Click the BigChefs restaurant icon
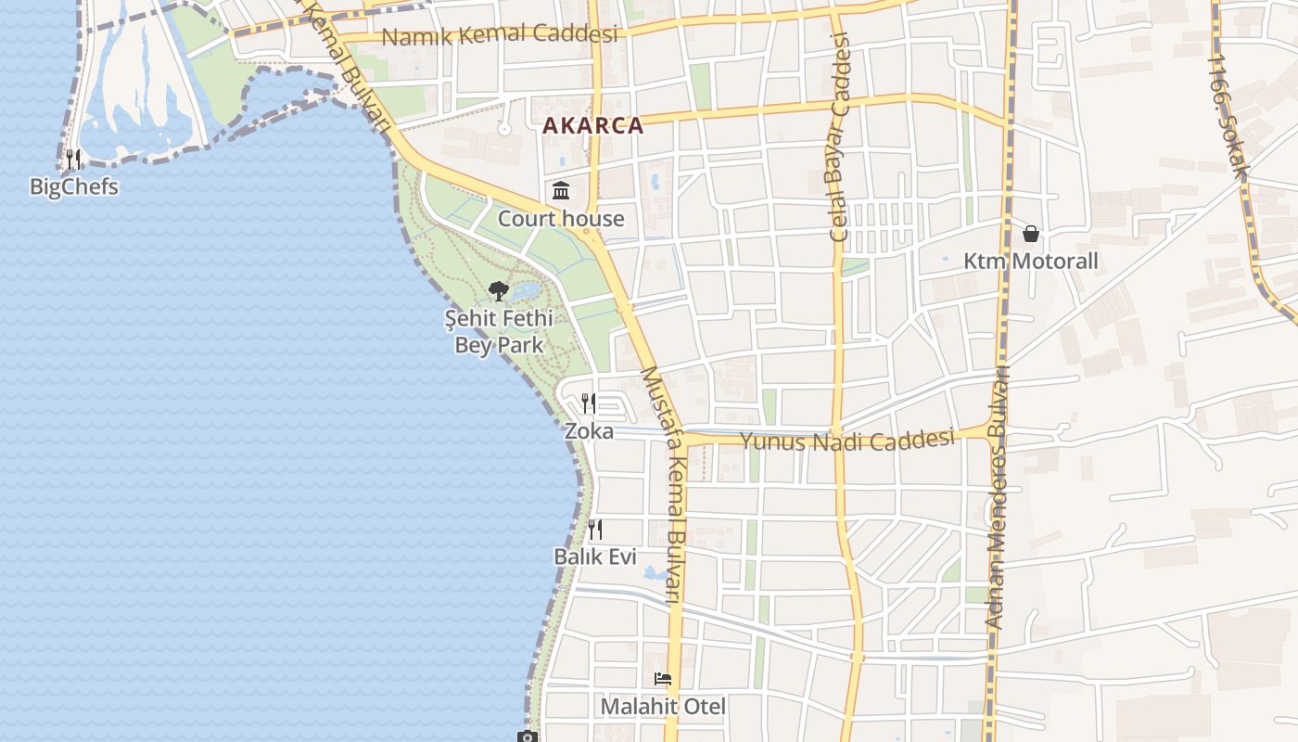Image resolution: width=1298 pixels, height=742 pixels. (73, 160)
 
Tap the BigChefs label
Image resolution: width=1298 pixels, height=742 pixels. (74, 187)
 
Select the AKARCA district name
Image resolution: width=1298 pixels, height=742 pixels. (592, 126)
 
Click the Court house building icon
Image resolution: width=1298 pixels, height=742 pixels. (561, 192)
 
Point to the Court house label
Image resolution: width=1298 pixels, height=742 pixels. (561, 219)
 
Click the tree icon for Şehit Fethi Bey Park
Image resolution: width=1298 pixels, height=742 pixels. (499, 291)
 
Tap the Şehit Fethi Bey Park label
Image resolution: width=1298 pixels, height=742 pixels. (499, 332)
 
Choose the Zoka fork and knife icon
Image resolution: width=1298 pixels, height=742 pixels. (589, 403)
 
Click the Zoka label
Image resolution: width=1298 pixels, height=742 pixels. (589, 431)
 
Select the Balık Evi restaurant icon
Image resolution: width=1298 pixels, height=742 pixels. (594, 530)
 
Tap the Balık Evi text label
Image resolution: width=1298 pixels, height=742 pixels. (594, 556)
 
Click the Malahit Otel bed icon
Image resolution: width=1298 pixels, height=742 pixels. (663, 679)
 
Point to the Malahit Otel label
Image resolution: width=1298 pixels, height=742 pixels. (663, 707)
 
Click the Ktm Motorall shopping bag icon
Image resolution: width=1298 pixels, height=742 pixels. (1030, 234)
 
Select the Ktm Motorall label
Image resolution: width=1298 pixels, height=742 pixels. (1030, 262)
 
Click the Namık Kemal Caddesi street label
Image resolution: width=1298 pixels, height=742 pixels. (500, 35)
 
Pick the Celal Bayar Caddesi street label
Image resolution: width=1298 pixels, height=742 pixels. (840, 137)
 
